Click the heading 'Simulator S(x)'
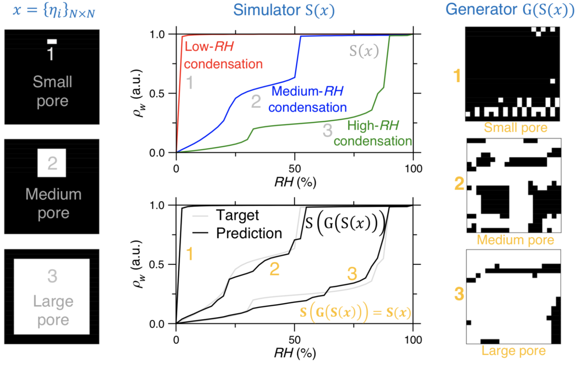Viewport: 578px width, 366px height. coord(284,10)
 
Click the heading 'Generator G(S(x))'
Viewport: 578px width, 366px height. coord(509,10)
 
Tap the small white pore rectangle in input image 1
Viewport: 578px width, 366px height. coord(52,41)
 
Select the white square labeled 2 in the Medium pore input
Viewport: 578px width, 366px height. coord(52,163)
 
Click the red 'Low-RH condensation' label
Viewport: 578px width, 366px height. coord(223,55)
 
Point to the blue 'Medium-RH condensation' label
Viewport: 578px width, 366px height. coord(307,99)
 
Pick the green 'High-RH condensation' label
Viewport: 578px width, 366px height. coord(373,133)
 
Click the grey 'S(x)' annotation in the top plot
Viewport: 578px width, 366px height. coord(364,51)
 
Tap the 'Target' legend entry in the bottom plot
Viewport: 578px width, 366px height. coord(237,215)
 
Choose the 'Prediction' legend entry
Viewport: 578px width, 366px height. coord(249,233)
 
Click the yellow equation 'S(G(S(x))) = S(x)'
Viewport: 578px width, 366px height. coord(355,312)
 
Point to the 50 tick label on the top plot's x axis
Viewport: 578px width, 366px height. coord(295,169)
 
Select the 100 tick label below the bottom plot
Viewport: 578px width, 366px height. coord(413,340)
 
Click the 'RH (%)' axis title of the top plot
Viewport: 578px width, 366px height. coord(295,182)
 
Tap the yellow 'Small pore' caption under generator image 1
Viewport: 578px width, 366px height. coord(515,128)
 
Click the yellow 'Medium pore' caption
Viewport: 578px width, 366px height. coord(515,240)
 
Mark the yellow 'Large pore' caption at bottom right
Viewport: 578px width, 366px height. coord(513,351)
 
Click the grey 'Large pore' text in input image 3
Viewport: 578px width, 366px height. coord(53,310)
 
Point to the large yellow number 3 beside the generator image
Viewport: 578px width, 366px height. coord(459,294)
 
